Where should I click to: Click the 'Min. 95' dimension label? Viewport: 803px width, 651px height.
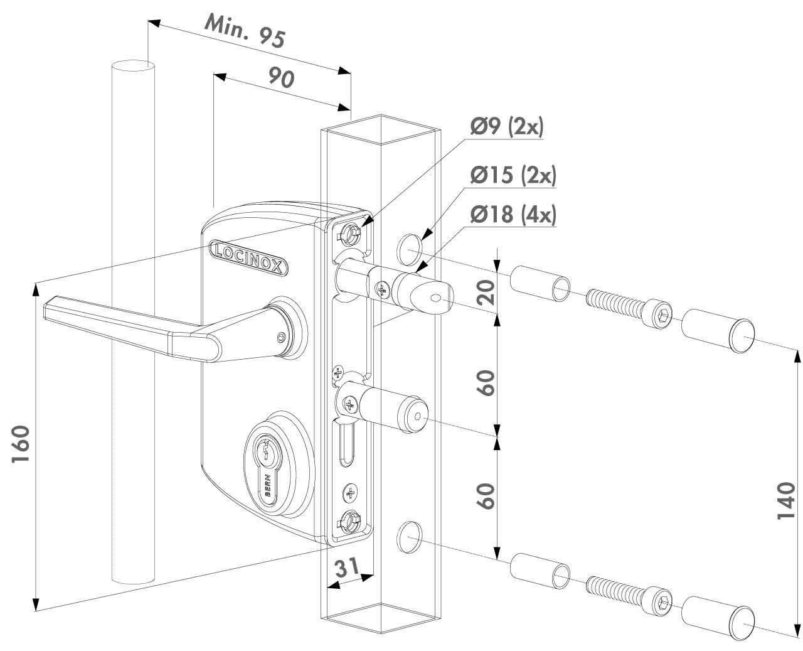click(245, 31)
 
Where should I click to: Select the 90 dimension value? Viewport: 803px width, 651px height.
click(282, 78)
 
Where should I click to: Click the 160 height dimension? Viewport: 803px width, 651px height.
click(21, 444)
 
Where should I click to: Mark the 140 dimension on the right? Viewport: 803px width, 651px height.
click(785, 500)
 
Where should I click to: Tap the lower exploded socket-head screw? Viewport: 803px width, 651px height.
click(627, 596)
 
